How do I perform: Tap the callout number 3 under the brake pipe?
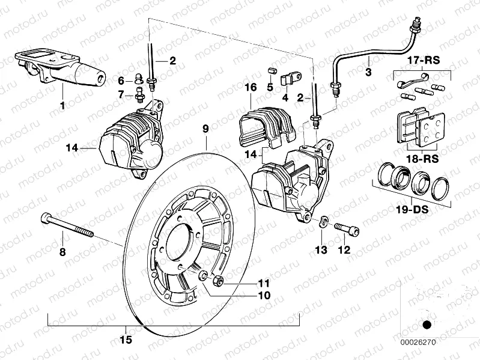click(x=368, y=72)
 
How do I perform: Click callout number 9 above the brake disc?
click(x=205, y=129)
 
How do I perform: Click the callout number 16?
click(x=251, y=88)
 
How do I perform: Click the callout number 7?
click(x=121, y=94)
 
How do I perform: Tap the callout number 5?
click(x=270, y=87)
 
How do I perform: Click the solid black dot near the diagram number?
click(x=427, y=325)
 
